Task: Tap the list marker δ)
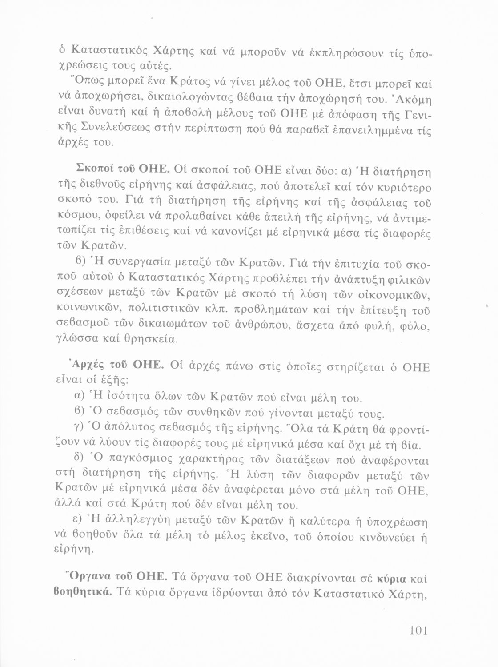click(x=78, y=458)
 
